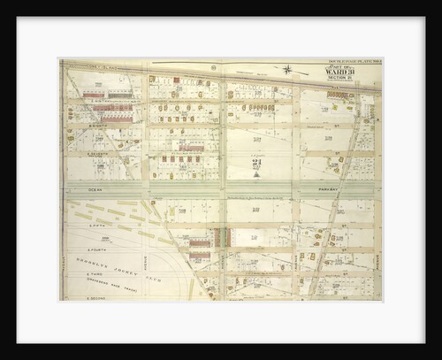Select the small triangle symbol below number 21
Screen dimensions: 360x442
[255, 174]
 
